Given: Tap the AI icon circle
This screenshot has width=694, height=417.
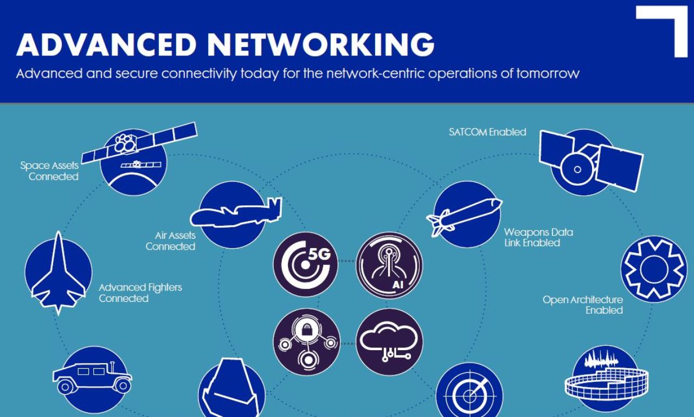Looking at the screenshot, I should (389, 266).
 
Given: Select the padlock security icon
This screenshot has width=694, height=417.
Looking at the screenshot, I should (306, 342).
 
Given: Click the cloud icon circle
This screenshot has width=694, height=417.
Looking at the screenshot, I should (389, 342).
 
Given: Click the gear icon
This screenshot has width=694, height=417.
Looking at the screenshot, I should (653, 269).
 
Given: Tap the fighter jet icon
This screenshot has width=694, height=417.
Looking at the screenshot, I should (58, 271).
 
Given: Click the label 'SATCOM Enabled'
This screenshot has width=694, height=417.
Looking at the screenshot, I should (487, 132).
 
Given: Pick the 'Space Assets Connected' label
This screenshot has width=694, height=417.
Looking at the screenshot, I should (50, 171).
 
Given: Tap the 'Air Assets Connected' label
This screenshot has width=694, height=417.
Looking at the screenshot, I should (171, 241).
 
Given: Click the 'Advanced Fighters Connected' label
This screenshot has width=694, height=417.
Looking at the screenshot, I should (140, 293).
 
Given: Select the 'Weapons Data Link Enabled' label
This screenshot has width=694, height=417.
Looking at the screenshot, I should (538, 237).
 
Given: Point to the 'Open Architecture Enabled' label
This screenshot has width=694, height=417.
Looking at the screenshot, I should (583, 305).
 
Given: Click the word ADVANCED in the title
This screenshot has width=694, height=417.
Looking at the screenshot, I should (106, 45).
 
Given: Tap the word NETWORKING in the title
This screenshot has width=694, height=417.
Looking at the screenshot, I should (320, 45).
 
